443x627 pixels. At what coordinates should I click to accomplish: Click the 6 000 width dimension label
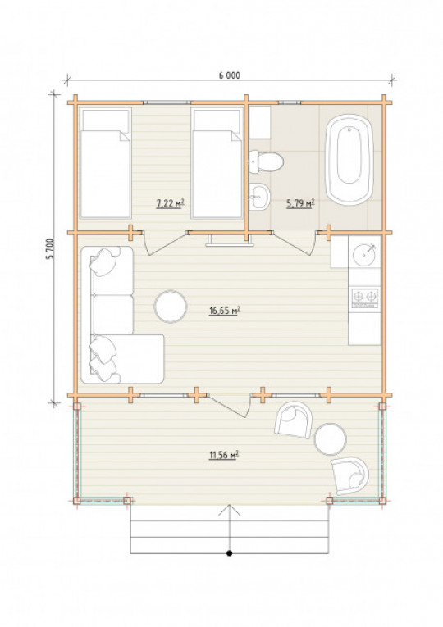pos(230,75)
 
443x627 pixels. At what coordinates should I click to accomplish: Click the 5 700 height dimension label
pos(49,249)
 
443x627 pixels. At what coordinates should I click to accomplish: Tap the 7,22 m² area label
pos(170,203)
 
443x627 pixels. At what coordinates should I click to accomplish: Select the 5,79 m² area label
pos(300,204)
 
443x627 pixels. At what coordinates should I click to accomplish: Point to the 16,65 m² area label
pos(225,311)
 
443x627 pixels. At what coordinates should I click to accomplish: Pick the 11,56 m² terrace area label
pos(224,455)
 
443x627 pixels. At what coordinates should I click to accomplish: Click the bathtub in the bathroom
pos(349,160)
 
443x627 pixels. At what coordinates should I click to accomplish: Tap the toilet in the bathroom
pos(266,162)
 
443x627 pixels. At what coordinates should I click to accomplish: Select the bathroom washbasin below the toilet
pos(259,197)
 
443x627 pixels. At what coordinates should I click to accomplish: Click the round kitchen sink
pos(364,252)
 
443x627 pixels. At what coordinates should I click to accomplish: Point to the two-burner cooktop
pos(364,298)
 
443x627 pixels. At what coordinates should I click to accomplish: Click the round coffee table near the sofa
pos(171,307)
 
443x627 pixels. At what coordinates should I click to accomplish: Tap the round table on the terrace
pos(330,439)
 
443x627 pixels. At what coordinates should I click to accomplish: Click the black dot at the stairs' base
pos(230,553)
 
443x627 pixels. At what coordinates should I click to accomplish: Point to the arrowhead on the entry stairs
pos(230,510)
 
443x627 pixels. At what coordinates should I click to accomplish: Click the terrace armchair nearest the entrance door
pos(294,420)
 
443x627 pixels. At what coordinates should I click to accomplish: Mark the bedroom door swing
pos(165,243)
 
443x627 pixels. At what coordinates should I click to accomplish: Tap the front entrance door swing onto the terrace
pos(230,405)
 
